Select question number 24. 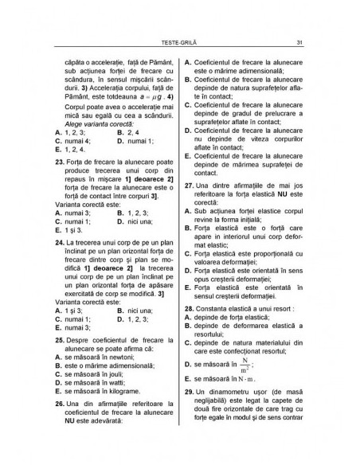point(60,240)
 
